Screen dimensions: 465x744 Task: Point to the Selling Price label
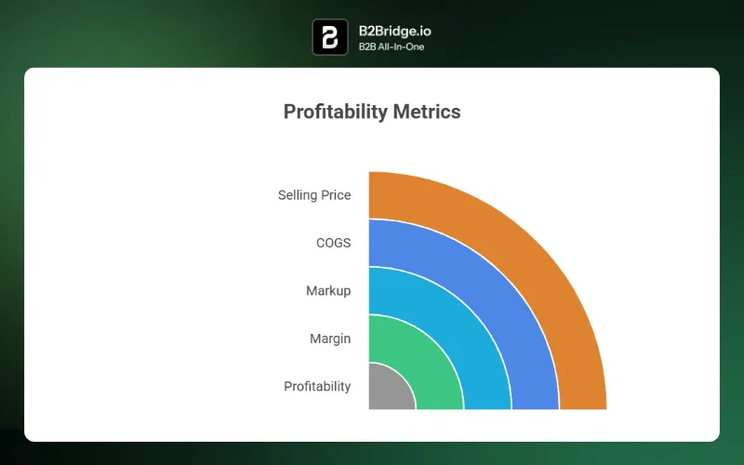click(314, 195)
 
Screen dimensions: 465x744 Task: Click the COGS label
click(333, 244)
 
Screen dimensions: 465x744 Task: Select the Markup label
click(328, 291)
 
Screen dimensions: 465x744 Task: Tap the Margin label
click(330, 339)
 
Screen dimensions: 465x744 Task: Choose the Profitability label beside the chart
click(317, 386)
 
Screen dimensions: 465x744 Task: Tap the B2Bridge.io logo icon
click(330, 37)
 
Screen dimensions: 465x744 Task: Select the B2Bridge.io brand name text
click(394, 31)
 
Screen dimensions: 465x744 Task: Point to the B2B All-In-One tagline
click(392, 46)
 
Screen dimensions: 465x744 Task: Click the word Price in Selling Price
click(336, 195)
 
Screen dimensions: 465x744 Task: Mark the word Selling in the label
click(298, 195)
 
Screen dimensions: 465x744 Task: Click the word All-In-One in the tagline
click(402, 46)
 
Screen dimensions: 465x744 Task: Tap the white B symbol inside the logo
click(330, 37)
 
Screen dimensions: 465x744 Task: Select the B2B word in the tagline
click(368, 46)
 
